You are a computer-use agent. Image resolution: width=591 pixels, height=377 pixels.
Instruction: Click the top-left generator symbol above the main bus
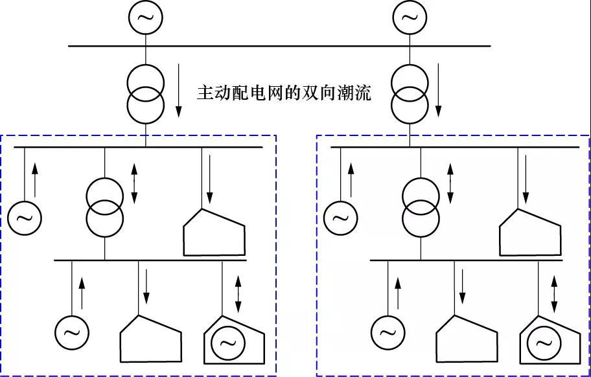pos(145,17)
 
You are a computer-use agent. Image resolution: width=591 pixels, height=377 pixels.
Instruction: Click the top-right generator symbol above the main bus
pos(410,17)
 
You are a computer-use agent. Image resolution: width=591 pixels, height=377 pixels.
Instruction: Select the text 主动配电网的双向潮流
pos(284,93)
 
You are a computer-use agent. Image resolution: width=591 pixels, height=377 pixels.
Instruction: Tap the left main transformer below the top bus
pos(145,93)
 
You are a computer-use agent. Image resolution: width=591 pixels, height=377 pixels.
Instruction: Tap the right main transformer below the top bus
pos(410,93)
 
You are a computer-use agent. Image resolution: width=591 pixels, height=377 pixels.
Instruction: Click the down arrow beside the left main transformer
pos(178,93)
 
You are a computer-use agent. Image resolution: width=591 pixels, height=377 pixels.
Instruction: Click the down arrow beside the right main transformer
pos(439,93)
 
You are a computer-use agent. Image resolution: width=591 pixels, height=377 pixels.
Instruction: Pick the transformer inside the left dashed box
pos(105,207)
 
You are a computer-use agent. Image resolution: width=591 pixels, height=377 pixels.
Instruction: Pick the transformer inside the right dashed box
pos(421,207)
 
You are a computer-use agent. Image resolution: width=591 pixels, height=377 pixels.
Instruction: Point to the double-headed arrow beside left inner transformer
pos(134,181)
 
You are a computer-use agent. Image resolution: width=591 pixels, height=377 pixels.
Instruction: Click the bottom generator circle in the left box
pos(71,333)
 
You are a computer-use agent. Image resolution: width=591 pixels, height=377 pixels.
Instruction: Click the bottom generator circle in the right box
pos(388,333)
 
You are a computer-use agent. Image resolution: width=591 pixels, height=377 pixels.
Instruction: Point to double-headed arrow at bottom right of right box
pos(554,293)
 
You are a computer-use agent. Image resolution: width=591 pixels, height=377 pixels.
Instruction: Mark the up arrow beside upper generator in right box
pos(351,179)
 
